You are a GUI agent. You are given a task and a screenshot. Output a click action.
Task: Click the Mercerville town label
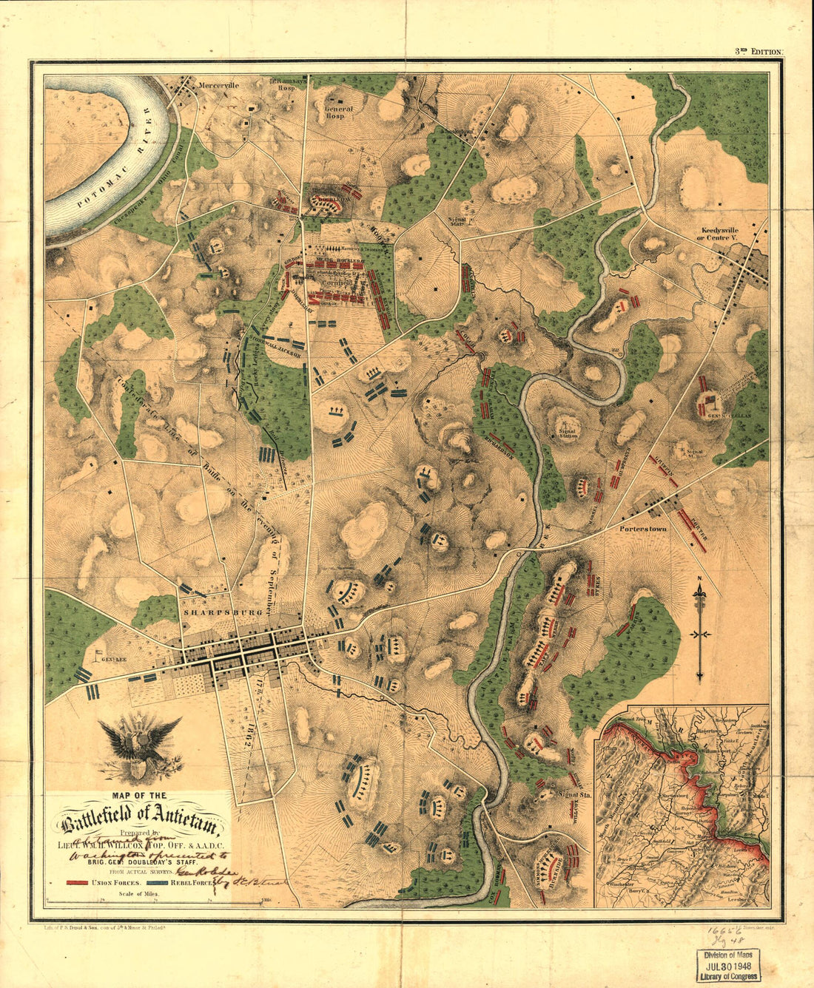coord(218,85)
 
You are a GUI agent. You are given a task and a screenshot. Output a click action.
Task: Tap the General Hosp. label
coord(339,112)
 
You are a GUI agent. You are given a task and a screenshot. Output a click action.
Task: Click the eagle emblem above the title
coord(139,747)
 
